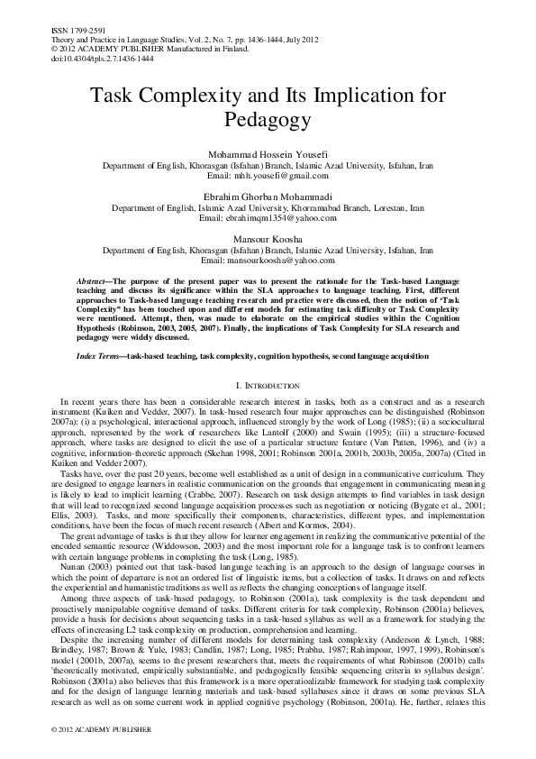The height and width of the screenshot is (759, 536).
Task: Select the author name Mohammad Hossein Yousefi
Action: pos(268,155)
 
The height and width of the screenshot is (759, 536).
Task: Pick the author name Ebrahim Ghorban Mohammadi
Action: pos(268,197)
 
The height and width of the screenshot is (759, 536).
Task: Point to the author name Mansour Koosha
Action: pos(268,239)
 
